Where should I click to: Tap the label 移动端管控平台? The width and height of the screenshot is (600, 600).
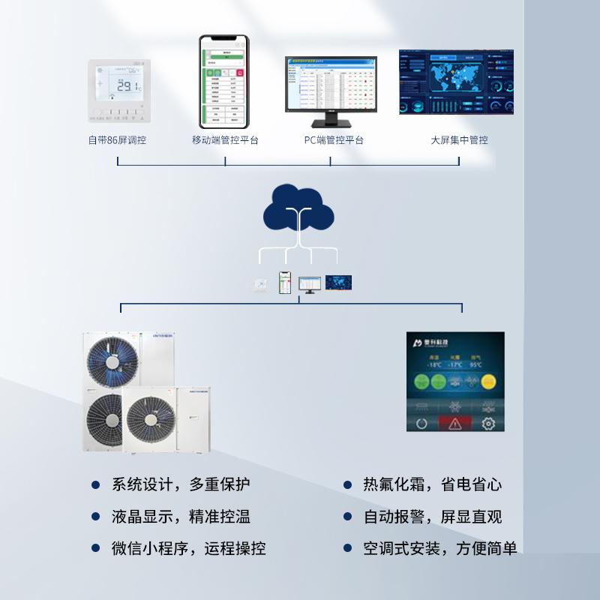pos(225,140)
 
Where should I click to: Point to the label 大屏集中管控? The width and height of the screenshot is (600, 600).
pos(459,140)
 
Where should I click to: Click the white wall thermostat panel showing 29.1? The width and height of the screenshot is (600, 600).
pos(119,89)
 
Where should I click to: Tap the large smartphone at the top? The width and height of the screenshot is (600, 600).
pos(223,82)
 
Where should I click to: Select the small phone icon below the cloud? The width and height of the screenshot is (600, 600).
pos(284,283)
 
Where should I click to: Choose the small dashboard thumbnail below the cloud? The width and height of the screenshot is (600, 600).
pos(339,283)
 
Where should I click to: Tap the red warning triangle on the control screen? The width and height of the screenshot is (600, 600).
pos(455,423)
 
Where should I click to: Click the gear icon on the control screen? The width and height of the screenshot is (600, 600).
pos(488,423)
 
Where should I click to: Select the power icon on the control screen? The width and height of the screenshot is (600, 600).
pos(421,423)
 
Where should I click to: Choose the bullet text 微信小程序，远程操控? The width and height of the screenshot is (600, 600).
pos(188,549)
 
